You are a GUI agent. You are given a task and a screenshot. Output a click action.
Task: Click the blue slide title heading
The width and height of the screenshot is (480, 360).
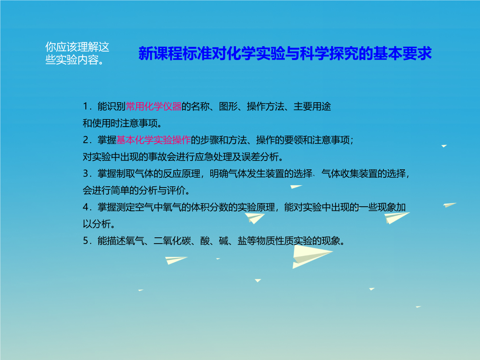coord(285,53)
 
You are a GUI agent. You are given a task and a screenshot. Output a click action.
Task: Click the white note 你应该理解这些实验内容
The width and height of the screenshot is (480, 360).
coord(77,53)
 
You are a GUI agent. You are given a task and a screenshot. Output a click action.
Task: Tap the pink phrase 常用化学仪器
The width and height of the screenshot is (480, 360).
coord(154,106)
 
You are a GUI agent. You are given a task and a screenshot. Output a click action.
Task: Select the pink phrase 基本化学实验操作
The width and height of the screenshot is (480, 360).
coord(154,140)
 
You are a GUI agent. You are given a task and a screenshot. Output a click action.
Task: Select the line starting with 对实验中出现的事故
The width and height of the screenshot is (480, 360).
coord(183,157)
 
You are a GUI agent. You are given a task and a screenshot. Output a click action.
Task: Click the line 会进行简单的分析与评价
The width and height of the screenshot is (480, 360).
coord(136,190)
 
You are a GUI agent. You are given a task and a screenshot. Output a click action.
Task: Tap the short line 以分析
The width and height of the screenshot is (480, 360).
coord(99,224)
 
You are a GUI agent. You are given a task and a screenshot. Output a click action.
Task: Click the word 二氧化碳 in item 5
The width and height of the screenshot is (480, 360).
coord(172,241)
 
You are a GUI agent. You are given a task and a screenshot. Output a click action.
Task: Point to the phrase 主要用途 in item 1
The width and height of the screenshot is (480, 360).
coord(312,106)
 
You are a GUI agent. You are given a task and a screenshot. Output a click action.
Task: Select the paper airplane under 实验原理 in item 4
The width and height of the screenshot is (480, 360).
coord(255,218)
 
